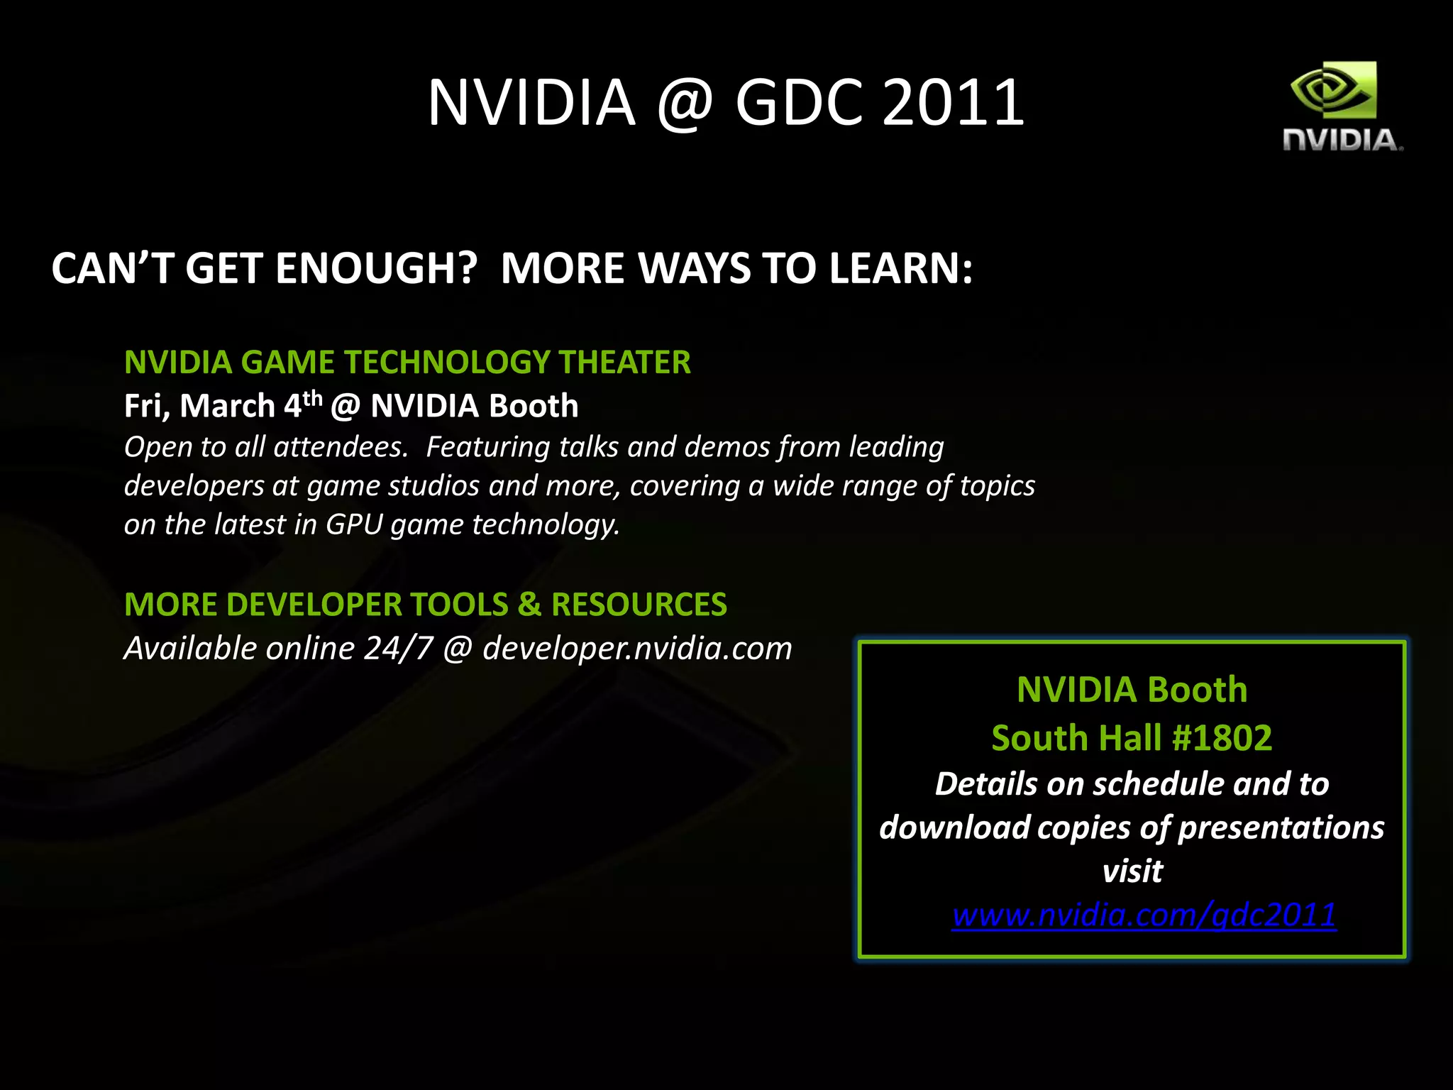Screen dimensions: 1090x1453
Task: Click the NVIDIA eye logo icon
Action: point(1333,89)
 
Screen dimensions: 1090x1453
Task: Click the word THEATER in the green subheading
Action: point(624,362)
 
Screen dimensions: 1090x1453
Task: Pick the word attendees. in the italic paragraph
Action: point(341,447)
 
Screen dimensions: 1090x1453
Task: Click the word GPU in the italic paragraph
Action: point(354,524)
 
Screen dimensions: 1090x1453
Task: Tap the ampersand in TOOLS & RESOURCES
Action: point(529,605)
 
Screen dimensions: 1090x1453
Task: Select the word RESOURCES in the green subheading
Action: point(639,605)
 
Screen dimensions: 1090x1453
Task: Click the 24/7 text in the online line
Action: point(398,649)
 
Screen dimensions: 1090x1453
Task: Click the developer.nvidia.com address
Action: point(637,649)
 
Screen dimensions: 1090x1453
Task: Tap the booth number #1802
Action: point(1222,738)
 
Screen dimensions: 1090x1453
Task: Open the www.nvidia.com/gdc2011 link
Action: point(1144,915)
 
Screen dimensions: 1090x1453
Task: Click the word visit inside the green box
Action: point(1132,871)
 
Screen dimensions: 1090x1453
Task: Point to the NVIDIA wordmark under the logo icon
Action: point(1342,140)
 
